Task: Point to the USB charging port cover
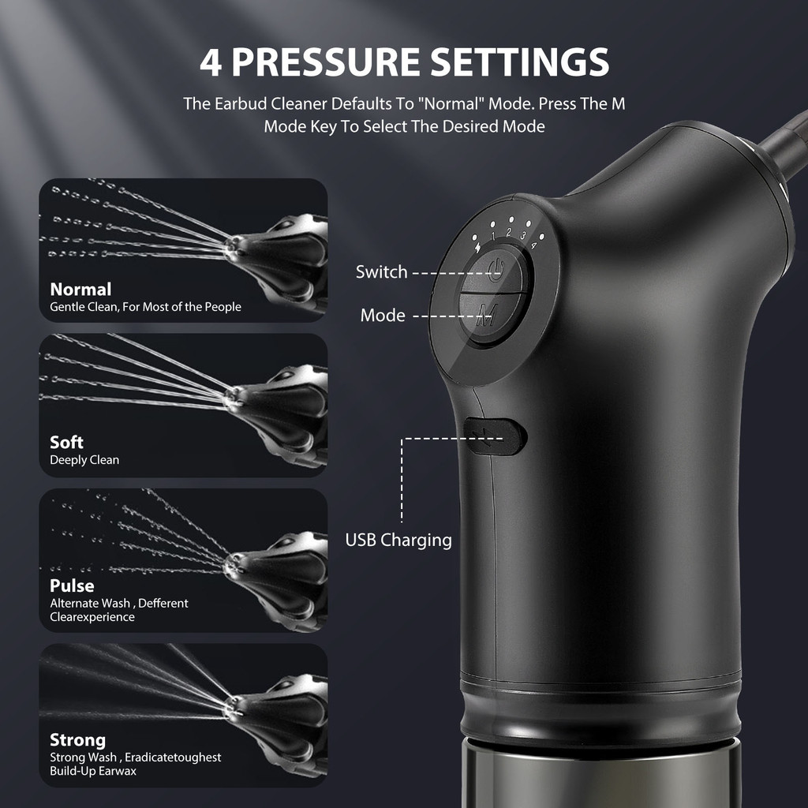coord(495,436)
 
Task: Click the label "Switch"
coord(381,271)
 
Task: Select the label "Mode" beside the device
coord(383,315)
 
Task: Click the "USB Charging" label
coord(398,540)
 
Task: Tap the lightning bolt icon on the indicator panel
coord(477,248)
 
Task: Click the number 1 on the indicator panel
coord(493,237)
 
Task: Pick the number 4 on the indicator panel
coord(534,245)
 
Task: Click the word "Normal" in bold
coord(80,289)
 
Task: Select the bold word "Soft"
coord(66,442)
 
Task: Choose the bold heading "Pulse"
coord(72,585)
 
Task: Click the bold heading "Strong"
coord(77,739)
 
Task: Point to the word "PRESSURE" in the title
coord(326,62)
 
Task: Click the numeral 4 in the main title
coord(211,62)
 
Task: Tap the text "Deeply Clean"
coord(84,460)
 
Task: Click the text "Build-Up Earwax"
coord(93,771)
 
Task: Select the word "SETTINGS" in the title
coord(519,62)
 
